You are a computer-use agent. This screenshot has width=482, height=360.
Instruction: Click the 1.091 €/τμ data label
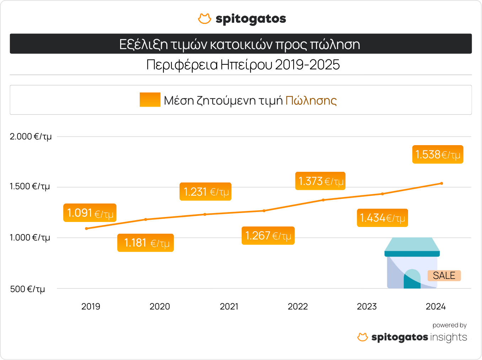point(90,213)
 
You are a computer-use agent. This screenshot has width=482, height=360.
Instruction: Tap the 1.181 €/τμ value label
point(146,243)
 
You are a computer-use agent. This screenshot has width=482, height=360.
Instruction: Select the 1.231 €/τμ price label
point(205,192)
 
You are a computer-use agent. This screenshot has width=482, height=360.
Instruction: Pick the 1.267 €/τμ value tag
point(268,235)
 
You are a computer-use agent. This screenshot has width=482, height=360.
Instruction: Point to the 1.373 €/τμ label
point(320,181)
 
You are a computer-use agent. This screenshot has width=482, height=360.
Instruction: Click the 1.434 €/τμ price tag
point(382,218)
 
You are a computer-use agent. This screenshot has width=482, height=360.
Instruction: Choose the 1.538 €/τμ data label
point(438,154)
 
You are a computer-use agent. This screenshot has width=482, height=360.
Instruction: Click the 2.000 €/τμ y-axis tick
point(31,137)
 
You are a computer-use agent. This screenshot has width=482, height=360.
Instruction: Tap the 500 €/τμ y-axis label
point(28,289)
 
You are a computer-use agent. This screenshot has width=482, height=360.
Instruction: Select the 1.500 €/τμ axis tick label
point(30,186)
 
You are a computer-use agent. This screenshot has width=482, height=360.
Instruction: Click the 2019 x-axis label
point(91,306)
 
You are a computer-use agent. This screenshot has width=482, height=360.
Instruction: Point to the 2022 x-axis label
point(298,306)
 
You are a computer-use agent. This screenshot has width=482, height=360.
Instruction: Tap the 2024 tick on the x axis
point(435,306)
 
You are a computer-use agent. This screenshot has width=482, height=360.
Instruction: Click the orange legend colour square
point(150,100)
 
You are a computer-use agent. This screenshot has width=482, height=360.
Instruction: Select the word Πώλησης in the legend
point(311,101)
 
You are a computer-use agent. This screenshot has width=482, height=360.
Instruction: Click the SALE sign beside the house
point(444,276)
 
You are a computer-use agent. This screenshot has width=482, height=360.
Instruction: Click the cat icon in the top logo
point(204,19)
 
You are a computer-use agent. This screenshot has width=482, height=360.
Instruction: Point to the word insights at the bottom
point(449,337)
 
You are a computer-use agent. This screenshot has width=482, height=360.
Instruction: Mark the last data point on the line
point(441,184)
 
